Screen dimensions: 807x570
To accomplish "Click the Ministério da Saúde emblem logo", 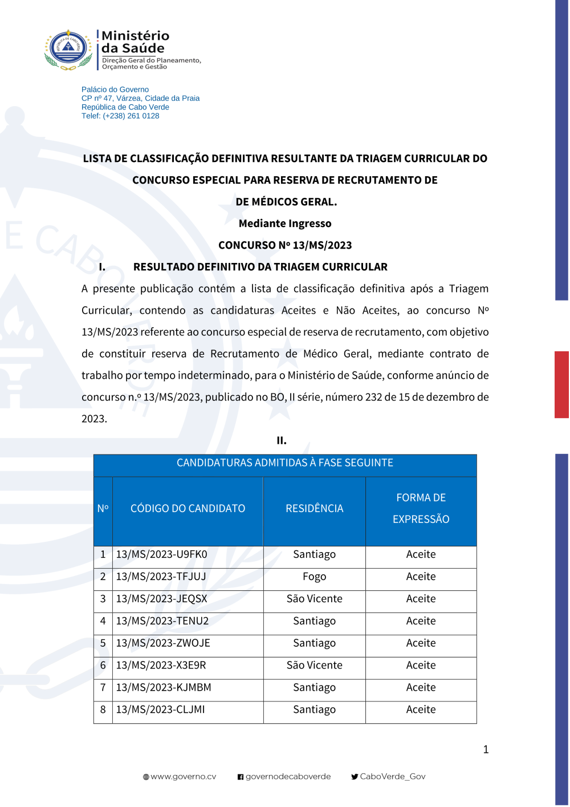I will pyautogui.click(x=68, y=50).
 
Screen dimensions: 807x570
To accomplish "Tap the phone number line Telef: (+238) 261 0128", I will pyautogui.click(x=120, y=116).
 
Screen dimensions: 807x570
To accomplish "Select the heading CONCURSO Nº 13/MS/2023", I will pyautogui.click(x=285, y=245).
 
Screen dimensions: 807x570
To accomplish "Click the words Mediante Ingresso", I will pyautogui.click(x=285, y=224).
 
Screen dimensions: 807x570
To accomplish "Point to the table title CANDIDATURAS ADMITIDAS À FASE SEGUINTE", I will pyautogui.click(x=285, y=463).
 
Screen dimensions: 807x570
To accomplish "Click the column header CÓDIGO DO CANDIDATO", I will pyautogui.click(x=188, y=509).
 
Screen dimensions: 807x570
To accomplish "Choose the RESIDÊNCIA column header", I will pyautogui.click(x=314, y=509).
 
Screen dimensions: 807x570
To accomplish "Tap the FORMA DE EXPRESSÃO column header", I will pyautogui.click(x=421, y=509).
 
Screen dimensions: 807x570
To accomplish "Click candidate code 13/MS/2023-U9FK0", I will pyautogui.click(x=161, y=554).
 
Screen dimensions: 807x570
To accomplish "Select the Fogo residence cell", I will pyautogui.click(x=314, y=577).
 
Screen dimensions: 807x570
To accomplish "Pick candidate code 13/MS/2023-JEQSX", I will pyautogui.click(x=161, y=599).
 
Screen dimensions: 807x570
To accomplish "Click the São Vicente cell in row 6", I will pyautogui.click(x=314, y=666).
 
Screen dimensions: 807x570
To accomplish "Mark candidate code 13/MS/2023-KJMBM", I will pyautogui.click(x=164, y=688).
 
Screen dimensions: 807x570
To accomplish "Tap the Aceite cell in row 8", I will pyautogui.click(x=421, y=710).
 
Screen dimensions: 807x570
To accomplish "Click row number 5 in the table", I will pyautogui.click(x=103, y=643).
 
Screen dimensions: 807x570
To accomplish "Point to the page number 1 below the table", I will pyautogui.click(x=486, y=750).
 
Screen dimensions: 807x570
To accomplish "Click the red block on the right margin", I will pyautogui.click(x=561, y=385).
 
